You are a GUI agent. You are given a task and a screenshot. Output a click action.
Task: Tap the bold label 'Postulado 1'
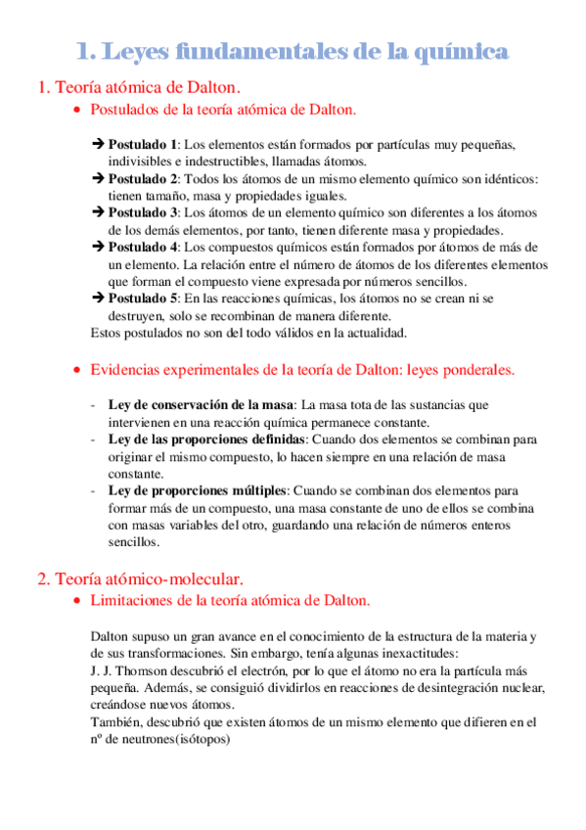(143, 144)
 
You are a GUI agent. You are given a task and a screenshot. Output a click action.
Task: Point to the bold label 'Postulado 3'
(143, 212)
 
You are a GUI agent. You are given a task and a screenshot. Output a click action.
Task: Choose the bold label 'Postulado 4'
(143, 247)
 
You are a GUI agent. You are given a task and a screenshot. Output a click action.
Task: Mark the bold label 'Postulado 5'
(143, 299)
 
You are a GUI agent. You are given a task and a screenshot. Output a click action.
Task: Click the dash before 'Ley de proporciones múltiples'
(93, 489)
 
